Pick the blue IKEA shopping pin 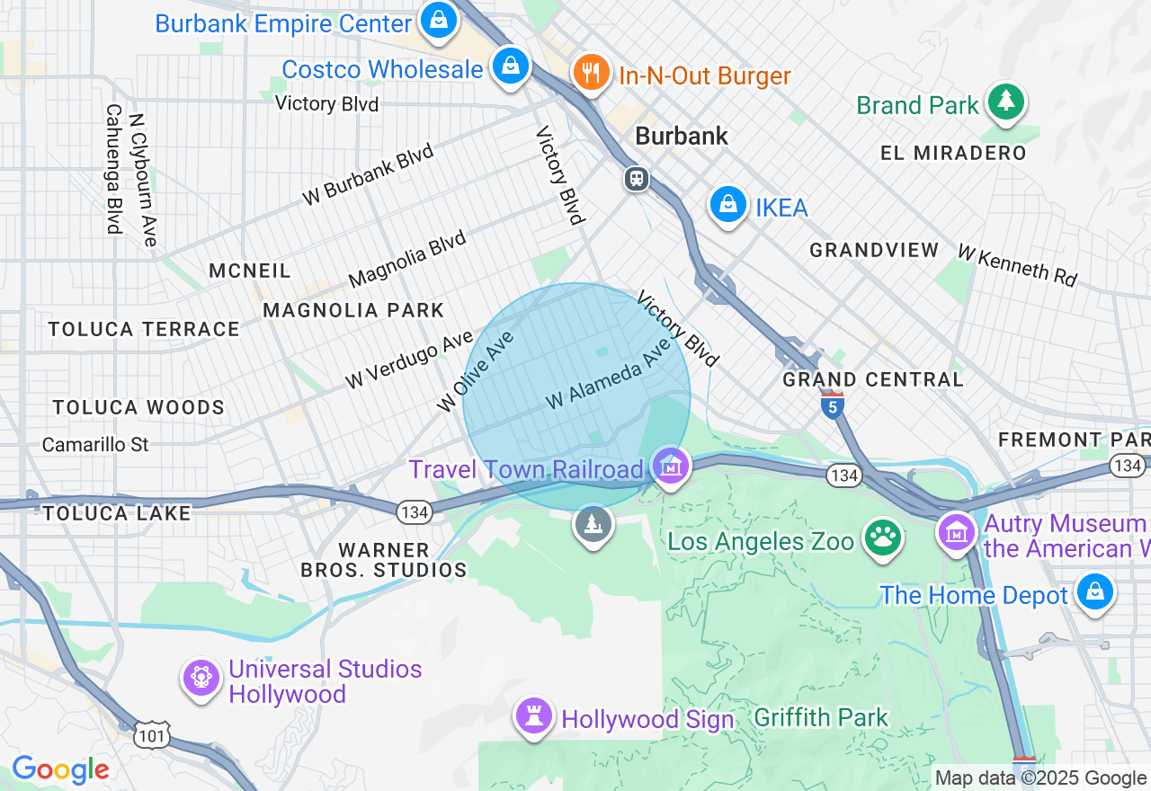(x=727, y=205)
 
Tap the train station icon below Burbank (x=637, y=178)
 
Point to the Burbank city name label (x=681, y=137)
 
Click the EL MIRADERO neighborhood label (x=953, y=153)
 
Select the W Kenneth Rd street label (x=1016, y=265)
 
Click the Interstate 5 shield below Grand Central (x=832, y=406)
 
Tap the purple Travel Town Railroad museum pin (x=671, y=466)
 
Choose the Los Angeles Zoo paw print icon (x=882, y=538)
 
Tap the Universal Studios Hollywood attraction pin (x=201, y=677)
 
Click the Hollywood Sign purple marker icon (x=534, y=715)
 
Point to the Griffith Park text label (x=820, y=717)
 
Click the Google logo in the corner (x=60, y=769)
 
